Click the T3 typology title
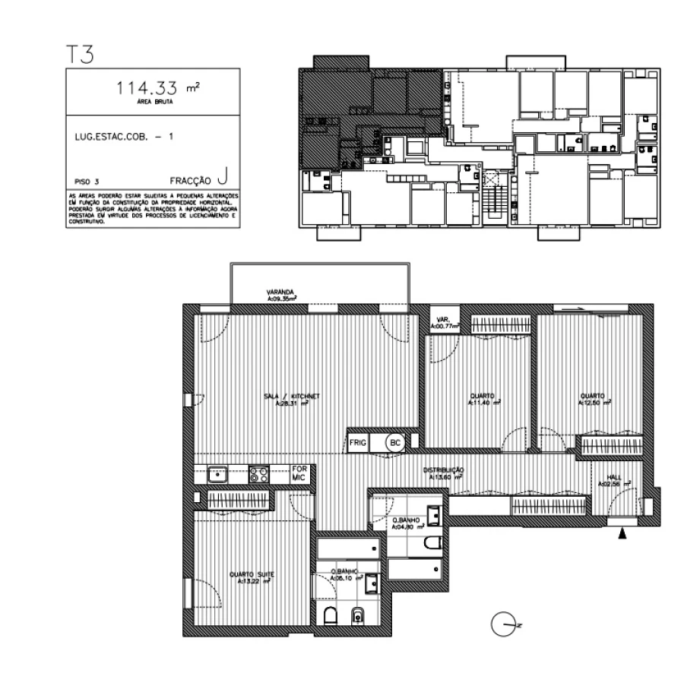(80, 55)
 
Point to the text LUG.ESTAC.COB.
(104, 137)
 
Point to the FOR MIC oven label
(299, 473)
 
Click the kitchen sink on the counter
(217, 474)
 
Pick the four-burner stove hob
(259, 474)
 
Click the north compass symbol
(503, 625)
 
